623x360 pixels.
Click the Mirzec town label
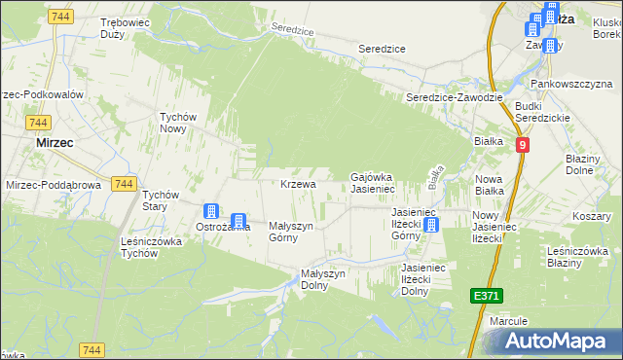[x=55, y=141]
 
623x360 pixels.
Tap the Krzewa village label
[x=298, y=184]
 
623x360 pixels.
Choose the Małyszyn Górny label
[x=290, y=232]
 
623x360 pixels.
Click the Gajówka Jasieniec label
[x=385, y=182]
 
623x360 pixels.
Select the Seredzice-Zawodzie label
[x=454, y=97]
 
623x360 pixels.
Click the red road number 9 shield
[x=524, y=144]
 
